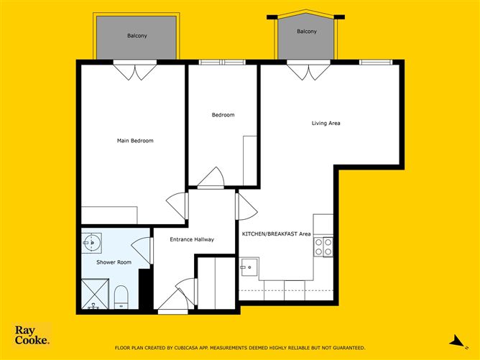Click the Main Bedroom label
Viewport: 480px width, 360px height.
click(x=135, y=141)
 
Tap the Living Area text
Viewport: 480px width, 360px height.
click(x=326, y=124)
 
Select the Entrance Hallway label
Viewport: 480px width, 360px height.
click(x=192, y=239)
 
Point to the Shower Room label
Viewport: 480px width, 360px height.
click(x=114, y=262)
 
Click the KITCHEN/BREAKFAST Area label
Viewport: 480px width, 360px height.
click(x=276, y=234)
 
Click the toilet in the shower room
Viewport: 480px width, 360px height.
click(x=121, y=297)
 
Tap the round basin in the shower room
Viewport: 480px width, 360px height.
click(x=91, y=243)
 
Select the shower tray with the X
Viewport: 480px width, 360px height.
click(x=95, y=294)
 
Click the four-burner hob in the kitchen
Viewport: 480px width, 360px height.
click(x=323, y=247)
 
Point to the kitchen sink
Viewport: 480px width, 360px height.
click(x=249, y=267)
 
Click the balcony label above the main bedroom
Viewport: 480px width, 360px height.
click(x=137, y=36)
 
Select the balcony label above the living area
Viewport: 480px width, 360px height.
click(x=307, y=31)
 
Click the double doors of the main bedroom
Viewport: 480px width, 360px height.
click(x=135, y=70)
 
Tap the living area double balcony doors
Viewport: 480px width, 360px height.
click(x=308, y=70)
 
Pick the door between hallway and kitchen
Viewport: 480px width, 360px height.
click(x=246, y=207)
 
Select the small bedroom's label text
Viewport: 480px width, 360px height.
click(x=223, y=115)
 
